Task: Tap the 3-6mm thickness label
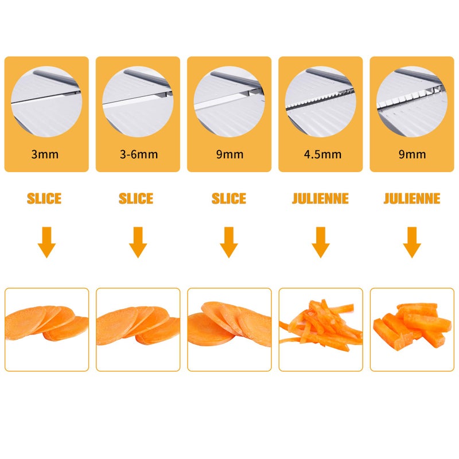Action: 138,154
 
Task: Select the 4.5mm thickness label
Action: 321,154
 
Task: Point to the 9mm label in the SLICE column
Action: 229,154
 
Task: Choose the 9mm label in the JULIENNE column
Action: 412,154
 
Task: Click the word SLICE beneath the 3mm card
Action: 44,199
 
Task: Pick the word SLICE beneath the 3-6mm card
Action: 136,199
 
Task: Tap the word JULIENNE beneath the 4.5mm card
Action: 320,199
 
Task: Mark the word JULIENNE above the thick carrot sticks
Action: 412,199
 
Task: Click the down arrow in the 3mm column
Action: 46,242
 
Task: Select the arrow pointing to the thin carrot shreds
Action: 321,242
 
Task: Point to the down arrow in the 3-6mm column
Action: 138,242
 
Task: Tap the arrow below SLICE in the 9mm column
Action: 229,242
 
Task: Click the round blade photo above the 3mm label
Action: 46,102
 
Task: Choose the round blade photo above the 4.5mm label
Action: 321,102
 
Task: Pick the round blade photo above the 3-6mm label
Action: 138,102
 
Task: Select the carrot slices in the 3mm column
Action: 46,324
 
